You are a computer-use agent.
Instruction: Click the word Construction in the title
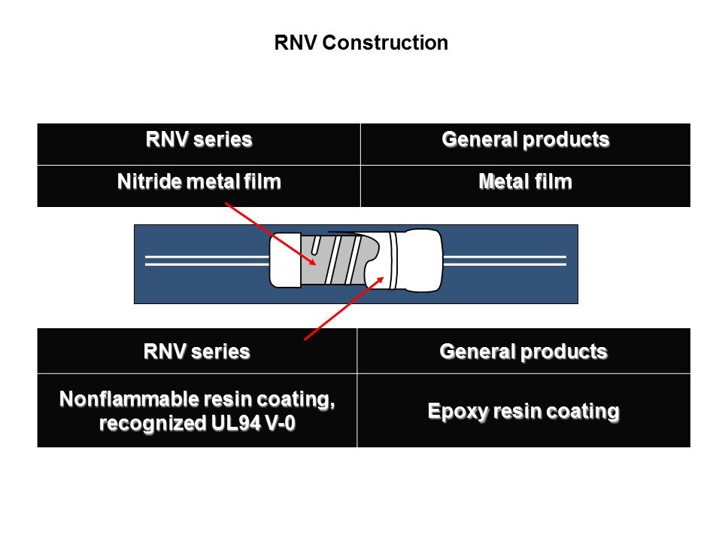pos(385,43)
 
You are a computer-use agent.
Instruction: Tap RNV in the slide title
pos(296,43)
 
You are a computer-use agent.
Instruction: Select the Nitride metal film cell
pos(199,182)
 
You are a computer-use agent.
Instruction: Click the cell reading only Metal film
pos(525,182)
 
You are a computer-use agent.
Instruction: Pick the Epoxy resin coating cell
pos(523,411)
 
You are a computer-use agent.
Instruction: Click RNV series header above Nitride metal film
pos(199,139)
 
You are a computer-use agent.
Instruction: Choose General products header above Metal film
pos(525,139)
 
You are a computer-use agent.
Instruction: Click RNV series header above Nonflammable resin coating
pos(197,351)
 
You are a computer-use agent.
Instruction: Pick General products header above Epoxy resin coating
pos(523,351)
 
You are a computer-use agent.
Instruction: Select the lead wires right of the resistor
pos(504,260)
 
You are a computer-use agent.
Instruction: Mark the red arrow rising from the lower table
pos(342,309)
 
